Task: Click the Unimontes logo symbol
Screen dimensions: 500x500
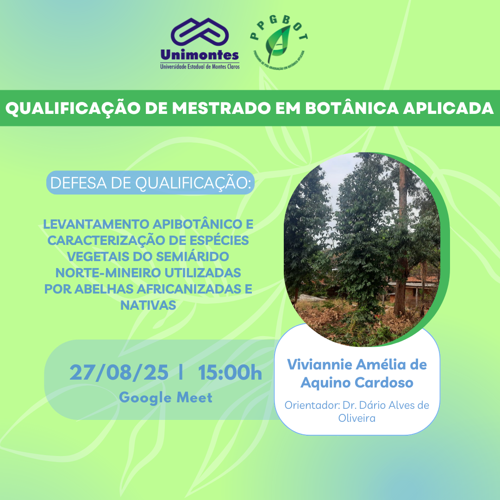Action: [200, 33]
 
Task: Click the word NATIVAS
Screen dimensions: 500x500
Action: [148, 304]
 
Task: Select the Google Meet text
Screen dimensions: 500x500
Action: [165, 397]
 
